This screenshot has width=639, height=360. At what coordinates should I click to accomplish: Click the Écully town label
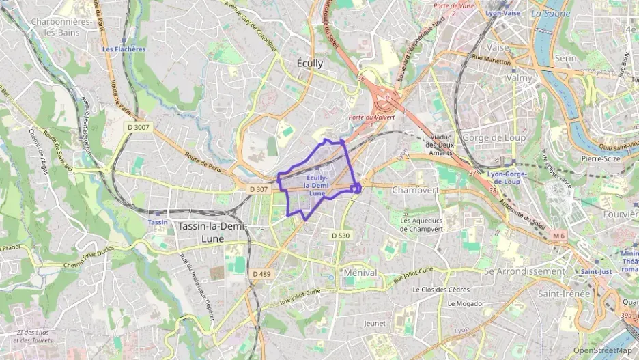[311, 63]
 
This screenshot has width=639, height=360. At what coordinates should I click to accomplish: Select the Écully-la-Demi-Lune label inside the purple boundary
[316, 185]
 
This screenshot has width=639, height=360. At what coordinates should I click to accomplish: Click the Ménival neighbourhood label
[361, 272]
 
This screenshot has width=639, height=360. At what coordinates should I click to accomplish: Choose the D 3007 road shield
[138, 127]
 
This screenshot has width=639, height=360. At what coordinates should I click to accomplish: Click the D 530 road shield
[341, 235]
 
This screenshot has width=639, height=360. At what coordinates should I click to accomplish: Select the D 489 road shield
[261, 273]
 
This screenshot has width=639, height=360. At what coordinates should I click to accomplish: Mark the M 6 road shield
[559, 236]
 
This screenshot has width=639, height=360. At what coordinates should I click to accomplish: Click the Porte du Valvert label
[371, 117]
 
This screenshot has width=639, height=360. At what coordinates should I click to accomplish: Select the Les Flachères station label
[124, 49]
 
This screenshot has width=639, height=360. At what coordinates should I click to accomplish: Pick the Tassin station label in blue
[158, 222]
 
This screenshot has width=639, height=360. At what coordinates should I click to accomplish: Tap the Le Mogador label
[466, 303]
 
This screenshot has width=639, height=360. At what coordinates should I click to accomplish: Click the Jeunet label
[375, 323]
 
